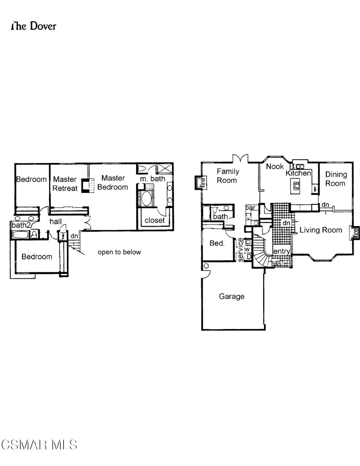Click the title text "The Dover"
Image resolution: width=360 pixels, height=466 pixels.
coord(33,26)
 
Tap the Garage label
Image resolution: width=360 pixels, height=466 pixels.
coord(232,297)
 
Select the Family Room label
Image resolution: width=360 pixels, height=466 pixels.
coord(227,176)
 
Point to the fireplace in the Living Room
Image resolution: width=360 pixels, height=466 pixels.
coord(355,233)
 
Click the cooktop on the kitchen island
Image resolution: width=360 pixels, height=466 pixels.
coord(296,185)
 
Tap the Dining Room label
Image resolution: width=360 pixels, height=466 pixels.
coord(336,179)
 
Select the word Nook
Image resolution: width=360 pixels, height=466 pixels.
coord(275,167)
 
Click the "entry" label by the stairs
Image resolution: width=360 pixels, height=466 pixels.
coord(281,252)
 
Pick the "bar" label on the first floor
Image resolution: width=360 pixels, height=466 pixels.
coord(250,208)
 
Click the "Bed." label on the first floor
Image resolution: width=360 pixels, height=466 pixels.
coord(217,243)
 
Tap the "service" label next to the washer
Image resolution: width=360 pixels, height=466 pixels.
coord(241,249)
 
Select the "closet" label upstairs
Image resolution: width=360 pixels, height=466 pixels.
coord(155,220)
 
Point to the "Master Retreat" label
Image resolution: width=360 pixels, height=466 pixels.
coord(65,183)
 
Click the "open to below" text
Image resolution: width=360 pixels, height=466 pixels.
coord(120,252)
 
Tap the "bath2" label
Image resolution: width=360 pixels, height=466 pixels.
coord(21,225)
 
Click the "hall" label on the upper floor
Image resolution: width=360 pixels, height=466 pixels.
coord(56,221)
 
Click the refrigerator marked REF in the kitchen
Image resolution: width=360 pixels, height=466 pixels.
coord(314,187)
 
